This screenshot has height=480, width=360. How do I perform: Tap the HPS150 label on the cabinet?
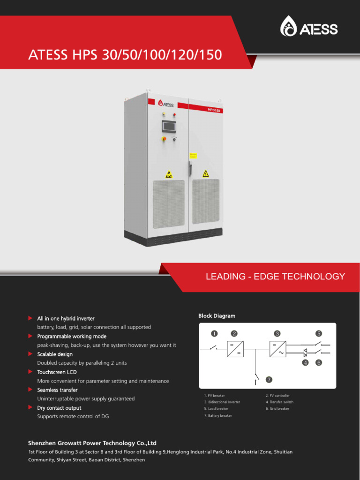[214, 110]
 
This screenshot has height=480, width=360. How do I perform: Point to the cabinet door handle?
[190, 166]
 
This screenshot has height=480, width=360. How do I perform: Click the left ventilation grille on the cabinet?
[170, 202]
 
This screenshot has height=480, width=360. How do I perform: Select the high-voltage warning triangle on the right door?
[205, 174]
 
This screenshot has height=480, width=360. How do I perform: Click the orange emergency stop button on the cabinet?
[164, 139]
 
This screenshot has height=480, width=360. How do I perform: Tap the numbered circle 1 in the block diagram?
[214, 334]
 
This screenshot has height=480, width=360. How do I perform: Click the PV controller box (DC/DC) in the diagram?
[235, 349]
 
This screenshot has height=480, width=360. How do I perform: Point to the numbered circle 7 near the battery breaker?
[269, 379]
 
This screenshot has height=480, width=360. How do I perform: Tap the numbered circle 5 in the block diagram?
[319, 334]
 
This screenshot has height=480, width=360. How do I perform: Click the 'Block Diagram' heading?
[217, 316]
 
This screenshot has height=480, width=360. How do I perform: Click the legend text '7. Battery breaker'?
[218, 415]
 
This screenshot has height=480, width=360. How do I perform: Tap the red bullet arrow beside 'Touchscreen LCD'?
[30, 372]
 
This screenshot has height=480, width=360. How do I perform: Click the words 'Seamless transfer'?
[57, 390]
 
